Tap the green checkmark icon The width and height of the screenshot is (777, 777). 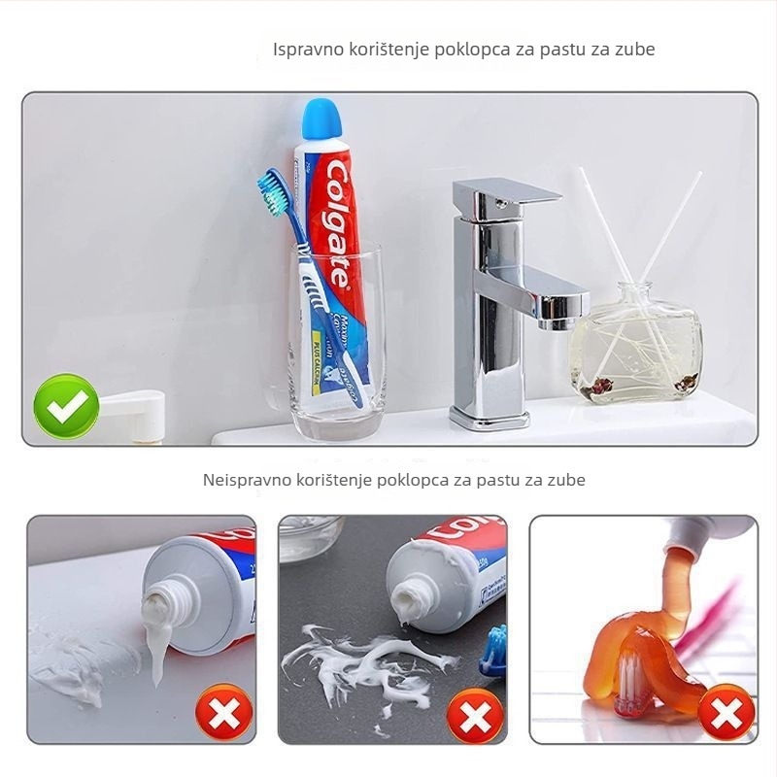(66, 406)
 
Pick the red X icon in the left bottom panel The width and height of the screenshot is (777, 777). (224, 717)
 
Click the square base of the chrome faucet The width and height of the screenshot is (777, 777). (490, 419)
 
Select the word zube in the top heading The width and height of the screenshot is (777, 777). (635, 49)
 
